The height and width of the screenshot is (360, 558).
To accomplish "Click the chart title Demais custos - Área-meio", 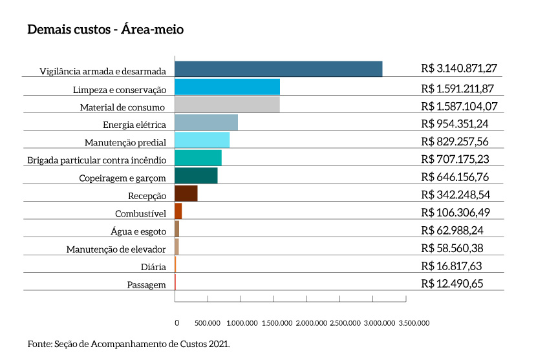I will [x=106, y=30].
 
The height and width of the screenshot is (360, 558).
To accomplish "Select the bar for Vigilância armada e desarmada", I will [x=278, y=69].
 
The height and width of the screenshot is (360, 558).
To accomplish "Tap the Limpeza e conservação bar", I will [x=227, y=87].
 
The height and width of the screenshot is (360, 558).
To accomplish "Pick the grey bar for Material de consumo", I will [x=227, y=105].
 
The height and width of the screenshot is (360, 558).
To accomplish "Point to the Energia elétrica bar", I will [x=206, y=122].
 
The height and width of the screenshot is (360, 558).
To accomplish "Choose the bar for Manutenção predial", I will [x=202, y=140].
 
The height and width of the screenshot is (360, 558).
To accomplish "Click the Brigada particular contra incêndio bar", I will [x=198, y=158].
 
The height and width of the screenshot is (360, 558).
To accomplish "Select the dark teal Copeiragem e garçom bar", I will [x=196, y=175].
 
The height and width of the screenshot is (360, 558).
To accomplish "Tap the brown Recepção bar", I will [x=186, y=193].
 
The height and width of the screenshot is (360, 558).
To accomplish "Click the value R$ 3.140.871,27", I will [x=458, y=68].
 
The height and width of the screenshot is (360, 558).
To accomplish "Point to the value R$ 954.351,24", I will [x=453, y=123].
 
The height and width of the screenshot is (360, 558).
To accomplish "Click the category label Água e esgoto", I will [x=139, y=231].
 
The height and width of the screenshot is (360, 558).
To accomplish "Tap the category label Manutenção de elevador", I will [x=116, y=249].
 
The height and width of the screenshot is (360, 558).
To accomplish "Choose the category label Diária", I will [x=153, y=267].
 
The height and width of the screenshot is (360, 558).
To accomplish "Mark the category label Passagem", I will [x=147, y=284].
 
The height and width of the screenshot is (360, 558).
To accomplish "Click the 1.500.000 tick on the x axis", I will [x=277, y=323].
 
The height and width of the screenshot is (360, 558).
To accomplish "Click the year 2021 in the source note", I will [x=219, y=344].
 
